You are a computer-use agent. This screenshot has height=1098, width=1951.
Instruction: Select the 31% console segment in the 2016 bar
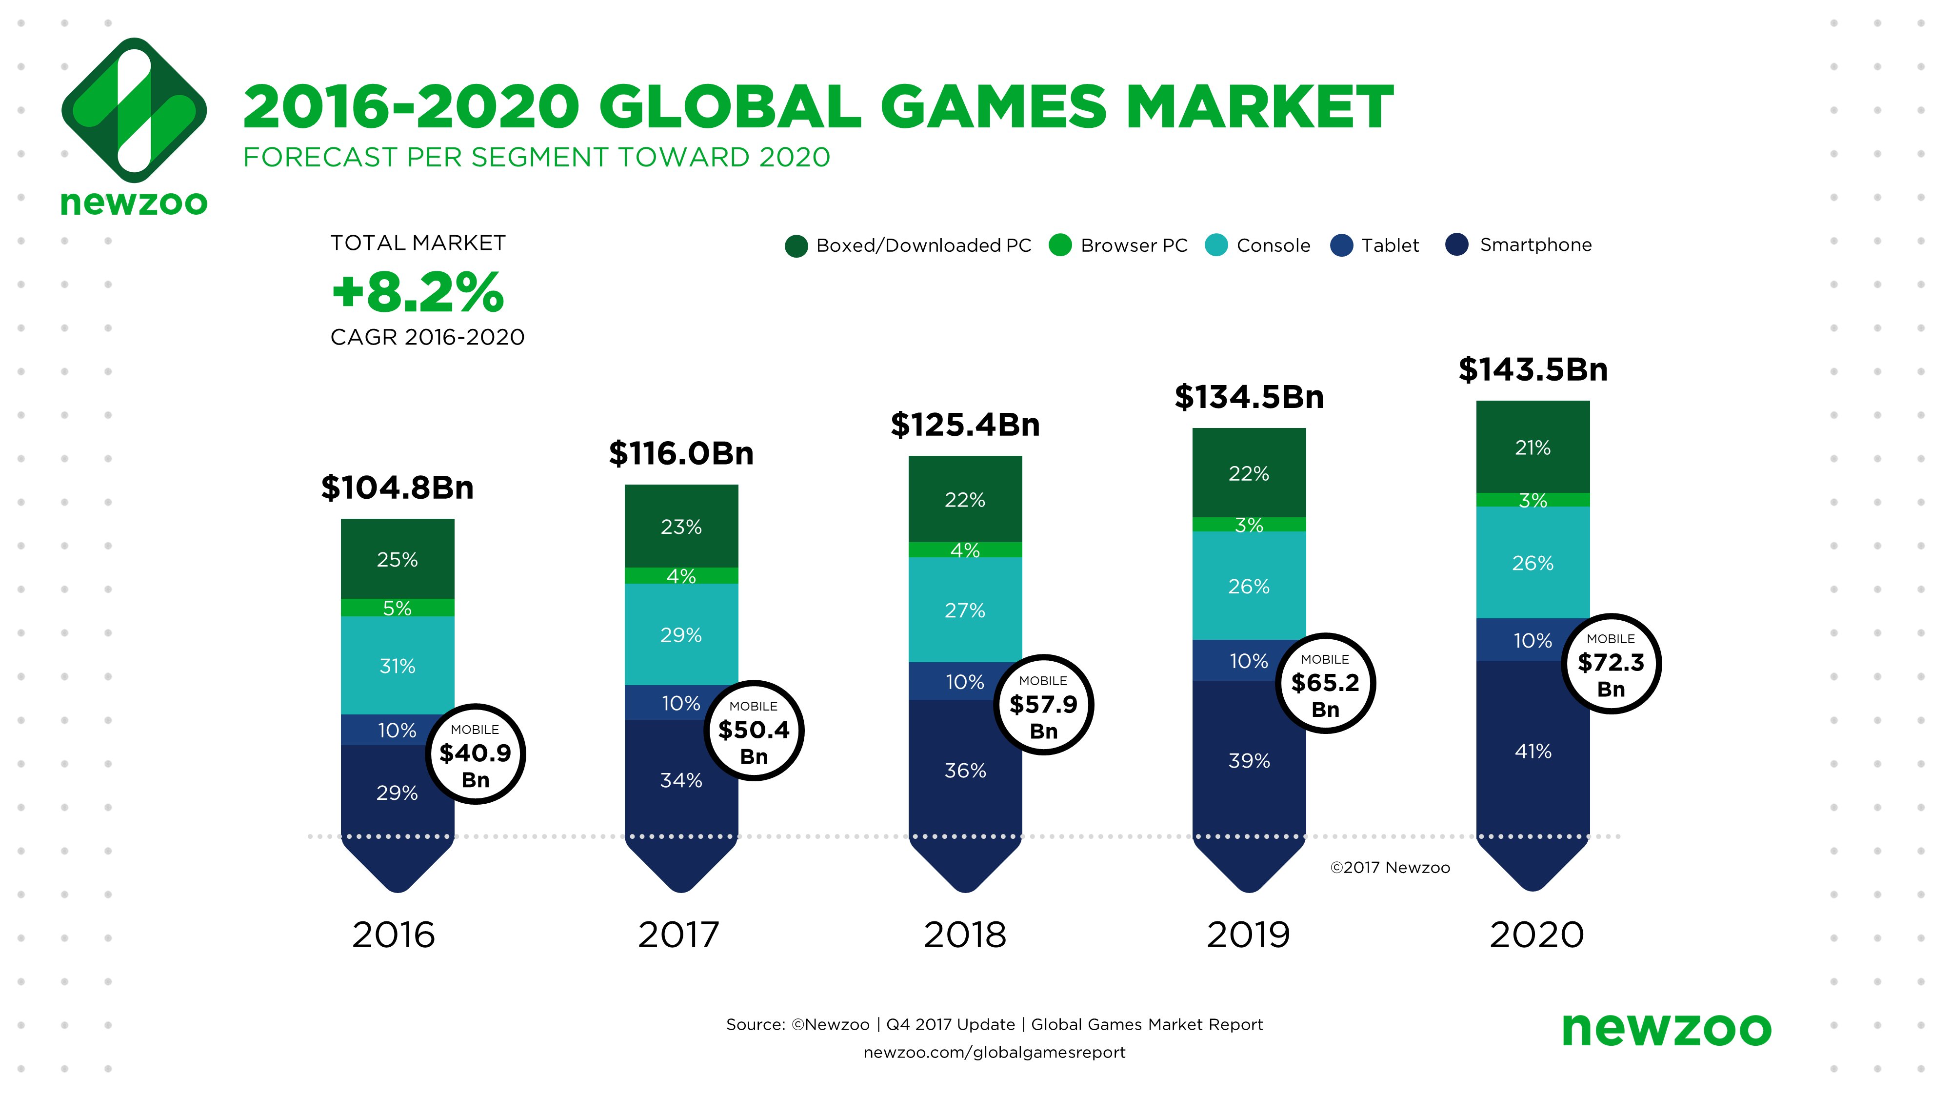click(x=397, y=666)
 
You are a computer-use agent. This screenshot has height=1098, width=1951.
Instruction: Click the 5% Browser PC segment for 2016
click(x=397, y=608)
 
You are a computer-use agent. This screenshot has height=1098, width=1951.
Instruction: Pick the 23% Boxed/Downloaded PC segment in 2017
click(x=681, y=527)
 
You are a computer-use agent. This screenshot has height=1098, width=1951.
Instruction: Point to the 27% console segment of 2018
click(x=965, y=610)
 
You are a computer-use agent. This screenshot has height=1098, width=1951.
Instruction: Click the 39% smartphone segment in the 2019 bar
click(x=1249, y=760)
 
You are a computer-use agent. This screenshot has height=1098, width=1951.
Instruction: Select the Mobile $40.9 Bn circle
click(x=475, y=754)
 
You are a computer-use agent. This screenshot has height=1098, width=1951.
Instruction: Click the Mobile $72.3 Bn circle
click(x=1611, y=664)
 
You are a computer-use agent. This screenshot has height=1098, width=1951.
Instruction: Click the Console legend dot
click(x=1215, y=245)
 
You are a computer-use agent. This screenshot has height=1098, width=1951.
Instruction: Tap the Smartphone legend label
click(x=1535, y=245)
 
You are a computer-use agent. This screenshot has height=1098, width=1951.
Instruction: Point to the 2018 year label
click(x=965, y=935)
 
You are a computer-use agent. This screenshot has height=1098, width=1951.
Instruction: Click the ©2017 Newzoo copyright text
click(x=1390, y=868)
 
